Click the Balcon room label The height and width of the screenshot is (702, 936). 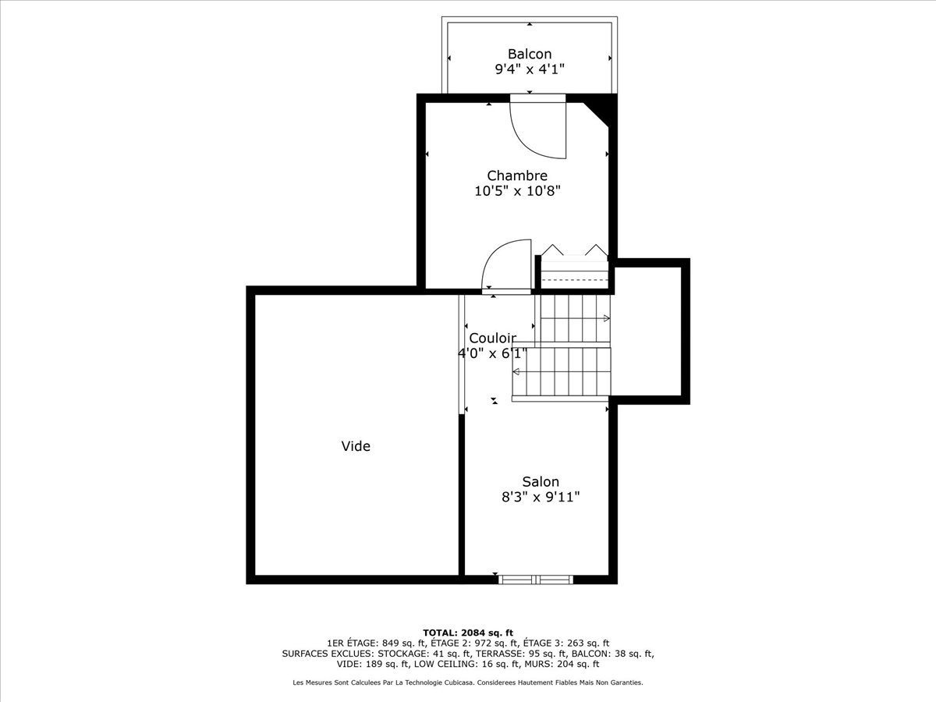(530, 54)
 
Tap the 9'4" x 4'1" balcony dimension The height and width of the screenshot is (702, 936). (530, 69)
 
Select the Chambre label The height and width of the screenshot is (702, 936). (517, 175)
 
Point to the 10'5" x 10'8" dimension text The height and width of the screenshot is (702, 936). (517, 191)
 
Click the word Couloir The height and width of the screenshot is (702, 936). (492, 338)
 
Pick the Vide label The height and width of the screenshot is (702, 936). (356, 446)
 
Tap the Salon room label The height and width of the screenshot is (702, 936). (541, 481)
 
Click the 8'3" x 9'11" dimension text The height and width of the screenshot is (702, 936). (541, 497)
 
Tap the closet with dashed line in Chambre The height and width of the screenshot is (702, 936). (574, 272)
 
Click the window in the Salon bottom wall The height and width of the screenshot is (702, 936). (536, 580)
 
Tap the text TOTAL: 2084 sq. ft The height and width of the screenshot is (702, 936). (468, 633)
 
